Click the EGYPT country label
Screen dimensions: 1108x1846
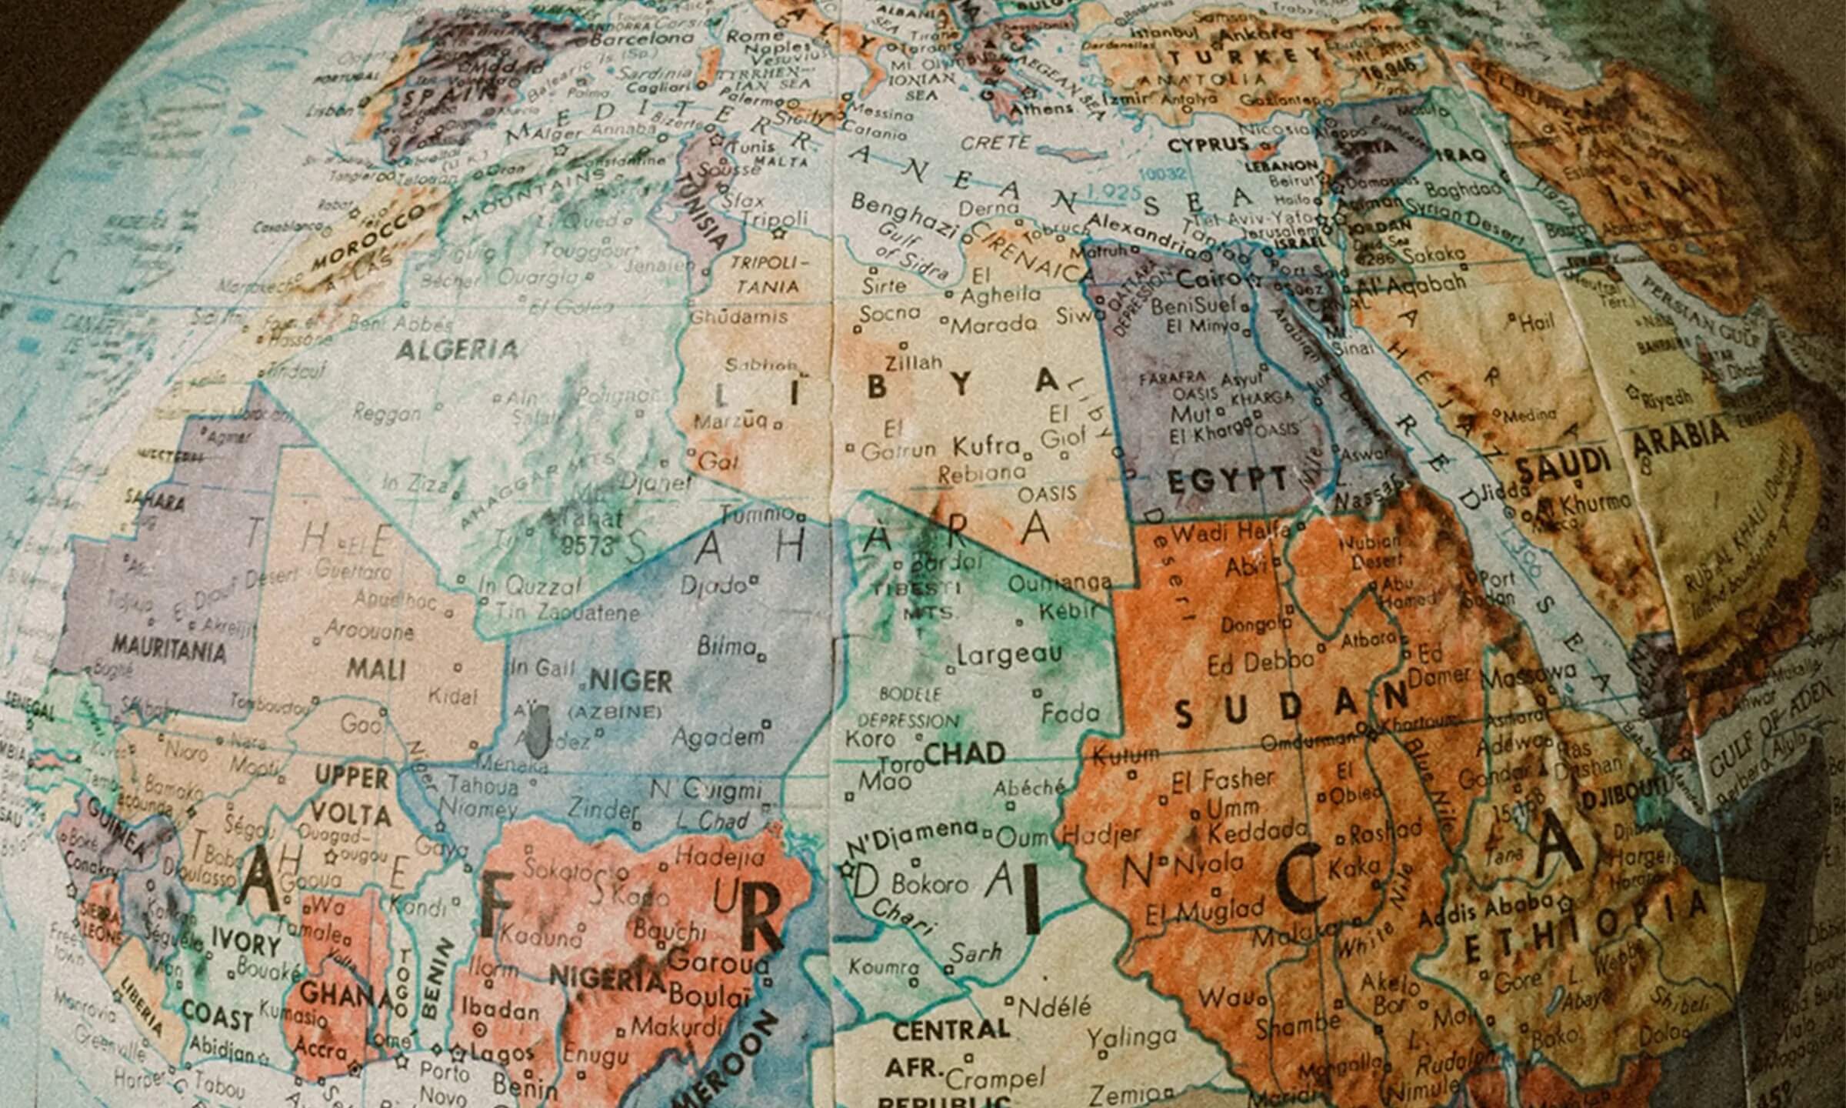(1228, 481)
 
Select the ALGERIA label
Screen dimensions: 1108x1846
(457, 351)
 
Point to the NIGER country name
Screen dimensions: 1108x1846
(631, 681)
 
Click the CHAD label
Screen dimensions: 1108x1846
(965, 753)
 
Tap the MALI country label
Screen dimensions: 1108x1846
(375, 668)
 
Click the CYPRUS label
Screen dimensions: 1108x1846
(1208, 145)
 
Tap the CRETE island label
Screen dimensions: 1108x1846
(995, 143)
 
